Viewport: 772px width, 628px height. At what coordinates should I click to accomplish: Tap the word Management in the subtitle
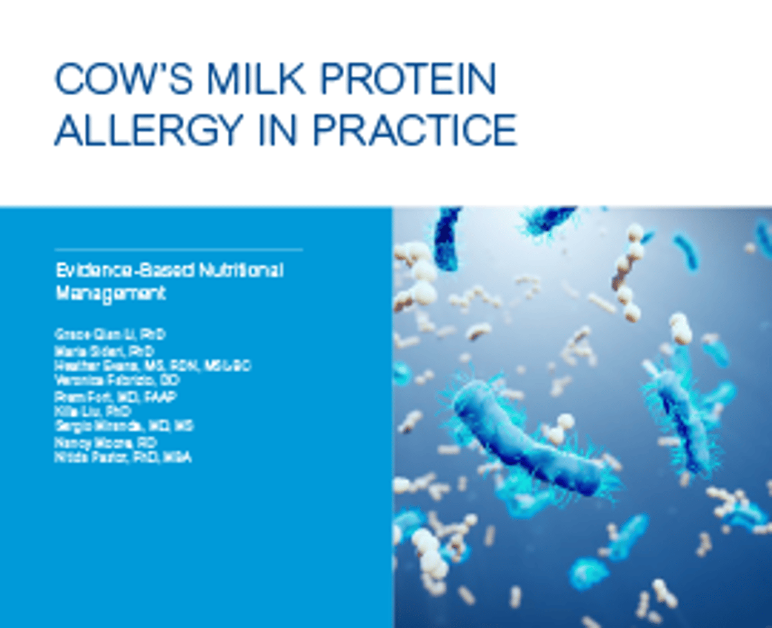pos(111,293)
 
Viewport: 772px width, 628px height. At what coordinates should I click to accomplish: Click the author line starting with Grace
pos(111,335)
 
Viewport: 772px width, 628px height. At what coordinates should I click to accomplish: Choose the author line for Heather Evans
pos(153,366)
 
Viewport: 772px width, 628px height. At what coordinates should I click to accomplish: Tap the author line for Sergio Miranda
pos(124,426)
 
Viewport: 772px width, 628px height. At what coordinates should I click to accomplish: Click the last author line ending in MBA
pos(123,458)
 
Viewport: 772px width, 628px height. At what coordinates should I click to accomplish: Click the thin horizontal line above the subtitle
pos(178,249)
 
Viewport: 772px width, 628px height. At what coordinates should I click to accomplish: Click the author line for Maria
pos(105,351)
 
